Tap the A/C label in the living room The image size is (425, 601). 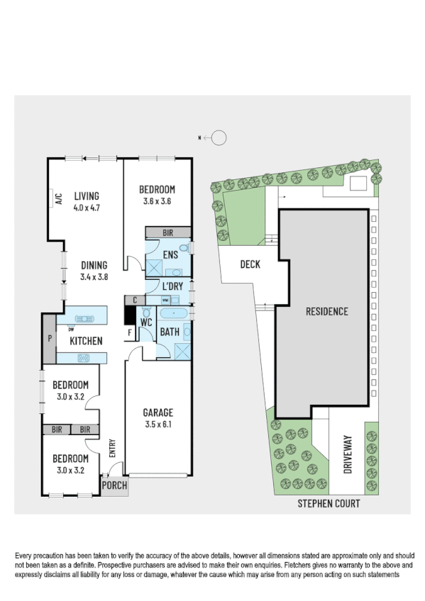(59, 199)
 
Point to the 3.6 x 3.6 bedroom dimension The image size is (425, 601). (156, 201)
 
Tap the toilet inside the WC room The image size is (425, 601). (147, 313)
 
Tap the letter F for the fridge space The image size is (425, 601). (129, 332)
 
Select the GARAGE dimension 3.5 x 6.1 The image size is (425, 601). (157, 425)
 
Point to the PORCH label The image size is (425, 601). (114, 485)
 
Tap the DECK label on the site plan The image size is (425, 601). (250, 265)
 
